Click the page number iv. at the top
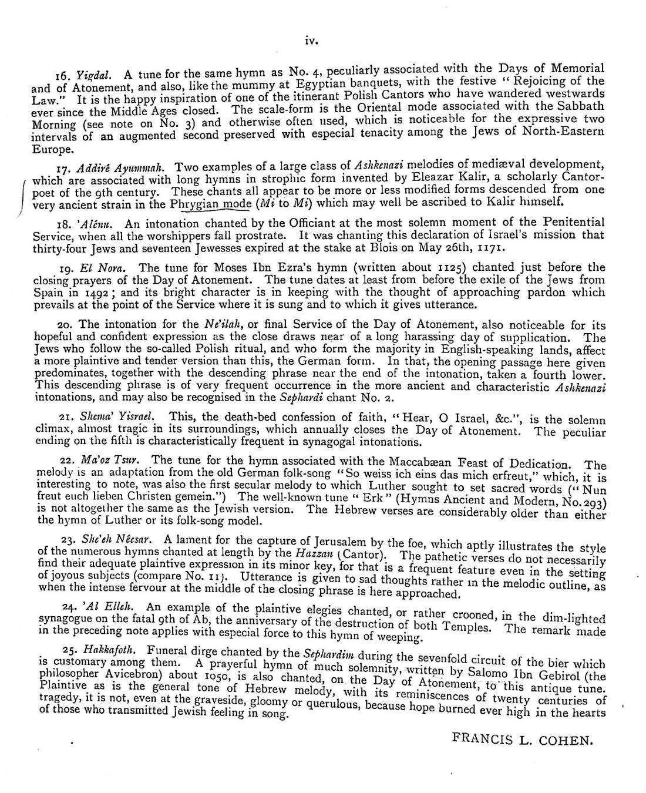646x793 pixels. (x=311, y=41)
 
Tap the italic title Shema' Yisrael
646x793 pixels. (x=118, y=416)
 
